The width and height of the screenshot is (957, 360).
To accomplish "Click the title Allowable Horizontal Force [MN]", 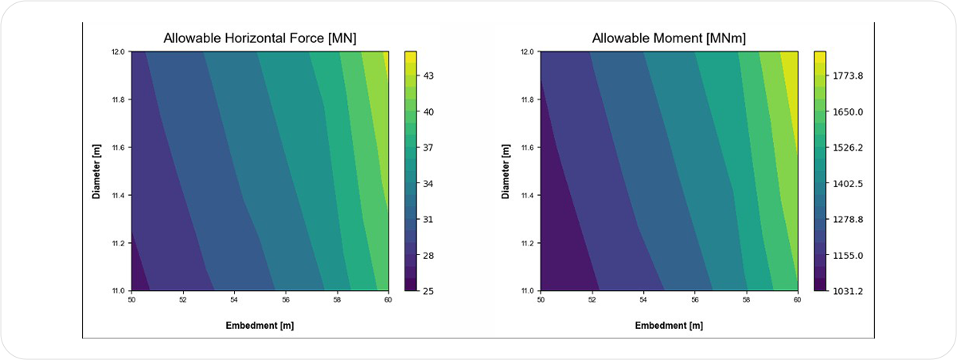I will click(260, 38).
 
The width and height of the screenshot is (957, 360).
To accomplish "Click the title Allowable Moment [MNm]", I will click(669, 38).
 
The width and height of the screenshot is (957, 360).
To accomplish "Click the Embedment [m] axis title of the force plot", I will click(260, 325).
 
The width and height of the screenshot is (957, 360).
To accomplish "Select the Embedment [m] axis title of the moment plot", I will click(669, 325).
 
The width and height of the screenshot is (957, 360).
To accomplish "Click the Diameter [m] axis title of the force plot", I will click(96, 170).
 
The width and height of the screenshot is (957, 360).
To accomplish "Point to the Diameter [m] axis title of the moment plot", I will click(506, 170).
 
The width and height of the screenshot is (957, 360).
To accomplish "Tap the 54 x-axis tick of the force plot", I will click(234, 301).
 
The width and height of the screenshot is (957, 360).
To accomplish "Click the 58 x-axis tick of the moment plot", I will click(746, 301).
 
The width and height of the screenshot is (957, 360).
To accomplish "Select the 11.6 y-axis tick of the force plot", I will click(118, 147).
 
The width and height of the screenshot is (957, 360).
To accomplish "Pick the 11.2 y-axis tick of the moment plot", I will click(527, 243).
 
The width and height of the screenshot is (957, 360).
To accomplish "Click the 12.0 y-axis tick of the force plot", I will click(118, 52).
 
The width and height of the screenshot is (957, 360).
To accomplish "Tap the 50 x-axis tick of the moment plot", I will click(541, 301).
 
